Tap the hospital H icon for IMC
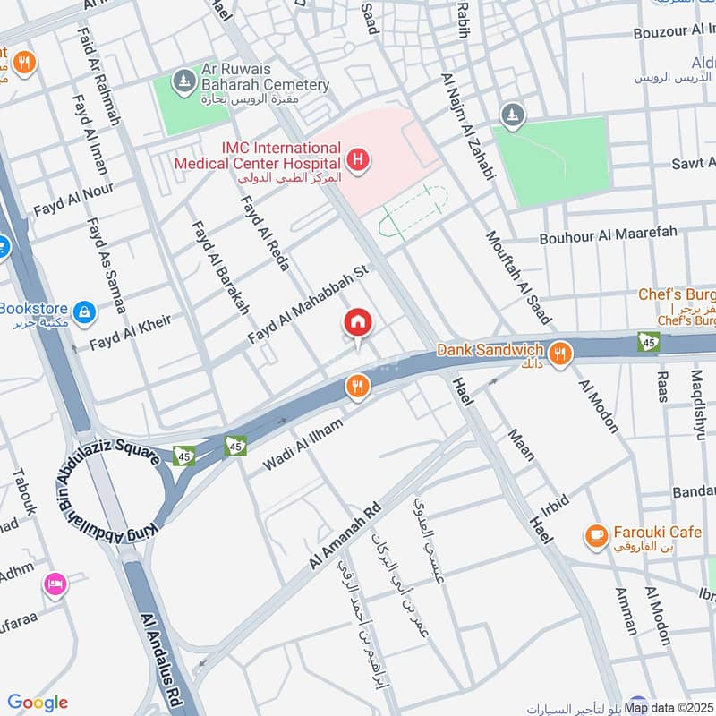(x=358, y=161)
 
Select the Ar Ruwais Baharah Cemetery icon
(x=183, y=80)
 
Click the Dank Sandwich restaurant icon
(x=560, y=353)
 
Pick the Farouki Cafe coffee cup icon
(x=595, y=534)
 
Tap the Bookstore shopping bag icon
(x=84, y=311)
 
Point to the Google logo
(x=37, y=703)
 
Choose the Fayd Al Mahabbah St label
(x=309, y=307)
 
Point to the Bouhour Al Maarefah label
(x=608, y=236)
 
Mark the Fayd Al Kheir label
(x=129, y=332)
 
